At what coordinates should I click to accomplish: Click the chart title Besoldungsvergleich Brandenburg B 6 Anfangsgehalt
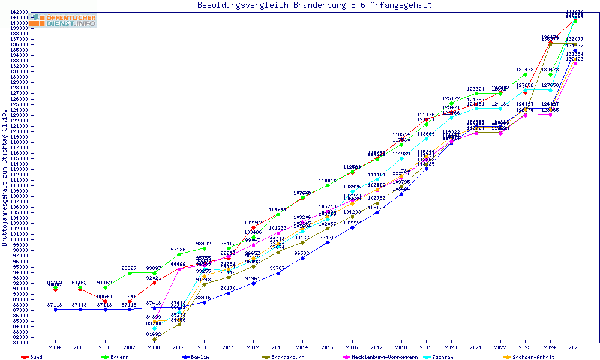pos(314,5)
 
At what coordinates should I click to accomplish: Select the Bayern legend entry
pos(119,357)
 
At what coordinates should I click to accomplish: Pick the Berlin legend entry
pos(201,357)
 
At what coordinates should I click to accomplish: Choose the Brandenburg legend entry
pos(287,357)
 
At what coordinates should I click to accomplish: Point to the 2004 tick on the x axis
pos(55,347)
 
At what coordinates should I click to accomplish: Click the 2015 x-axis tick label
pos(327,347)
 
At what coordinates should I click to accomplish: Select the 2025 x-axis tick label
pos(574,347)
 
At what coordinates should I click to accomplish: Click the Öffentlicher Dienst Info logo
pos(64,21)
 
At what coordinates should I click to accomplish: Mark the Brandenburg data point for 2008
pos(154,339)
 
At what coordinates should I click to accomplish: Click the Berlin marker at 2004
pos(55,310)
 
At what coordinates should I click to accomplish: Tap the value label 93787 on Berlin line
pos(277,268)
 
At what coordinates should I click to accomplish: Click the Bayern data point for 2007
pos(130,273)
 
